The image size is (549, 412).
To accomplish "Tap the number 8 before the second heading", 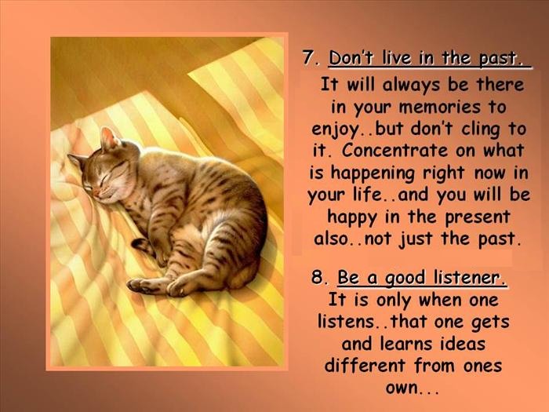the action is (x=318, y=278).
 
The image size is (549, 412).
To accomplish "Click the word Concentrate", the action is (x=395, y=151).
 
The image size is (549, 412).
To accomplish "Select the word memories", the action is (x=440, y=107).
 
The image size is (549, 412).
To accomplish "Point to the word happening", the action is (x=373, y=174).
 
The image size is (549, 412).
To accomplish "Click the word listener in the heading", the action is (x=470, y=278).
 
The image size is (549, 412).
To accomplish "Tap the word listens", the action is (x=346, y=321).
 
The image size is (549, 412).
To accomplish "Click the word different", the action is (x=365, y=366).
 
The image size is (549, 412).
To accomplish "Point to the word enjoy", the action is (x=335, y=130).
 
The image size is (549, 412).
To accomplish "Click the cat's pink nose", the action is (x=96, y=193).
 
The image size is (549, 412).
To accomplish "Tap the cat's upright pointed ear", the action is (x=108, y=139).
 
